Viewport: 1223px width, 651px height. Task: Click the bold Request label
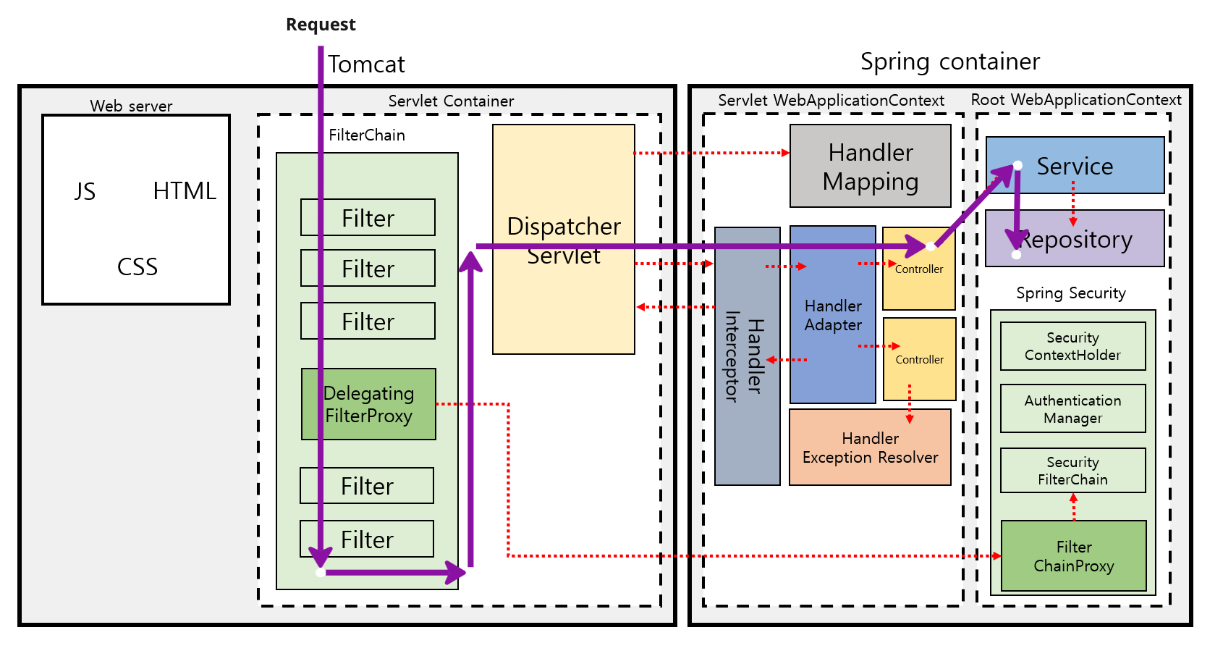click(321, 25)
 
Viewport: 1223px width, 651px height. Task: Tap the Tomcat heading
click(366, 64)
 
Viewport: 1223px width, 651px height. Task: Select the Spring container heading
click(949, 62)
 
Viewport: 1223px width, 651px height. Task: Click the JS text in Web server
click(85, 191)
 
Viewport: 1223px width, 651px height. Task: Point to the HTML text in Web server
click(185, 191)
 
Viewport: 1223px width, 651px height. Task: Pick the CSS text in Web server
click(137, 266)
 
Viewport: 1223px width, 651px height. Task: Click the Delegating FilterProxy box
click(368, 404)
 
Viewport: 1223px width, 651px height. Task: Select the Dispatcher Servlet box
click(563, 304)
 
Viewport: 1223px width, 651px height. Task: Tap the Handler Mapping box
click(870, 167)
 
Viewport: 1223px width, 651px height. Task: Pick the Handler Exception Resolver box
click(870, 448)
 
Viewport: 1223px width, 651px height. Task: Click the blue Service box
click(1075, 166)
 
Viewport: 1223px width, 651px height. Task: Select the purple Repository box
click(1075, 239)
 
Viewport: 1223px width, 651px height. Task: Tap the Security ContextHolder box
click(1072, 346)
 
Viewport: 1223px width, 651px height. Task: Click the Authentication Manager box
click(1072, 409)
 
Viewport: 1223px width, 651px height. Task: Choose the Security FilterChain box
click(1072, 471)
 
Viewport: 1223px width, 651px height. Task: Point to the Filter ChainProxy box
click(1073, 556)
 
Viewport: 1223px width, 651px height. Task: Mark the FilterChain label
click(367, 135)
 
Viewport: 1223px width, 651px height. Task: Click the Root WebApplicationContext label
click(1075, 100)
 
